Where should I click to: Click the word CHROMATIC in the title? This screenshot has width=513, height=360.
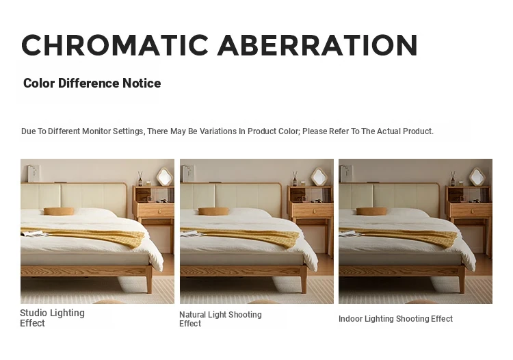tap(115, 45)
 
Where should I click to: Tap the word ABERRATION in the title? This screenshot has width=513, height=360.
tap(317, 45)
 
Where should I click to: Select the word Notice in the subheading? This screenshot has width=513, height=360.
tap(142, 83)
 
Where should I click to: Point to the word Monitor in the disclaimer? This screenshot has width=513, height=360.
tap(96, 131)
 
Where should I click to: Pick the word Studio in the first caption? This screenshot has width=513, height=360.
tap(33, 313)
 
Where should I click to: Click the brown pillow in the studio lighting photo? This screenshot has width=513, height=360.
tap(59, 211)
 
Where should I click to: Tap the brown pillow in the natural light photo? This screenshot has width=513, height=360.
tap(213, 211)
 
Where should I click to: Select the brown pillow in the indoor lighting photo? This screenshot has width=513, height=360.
tap(371, 211)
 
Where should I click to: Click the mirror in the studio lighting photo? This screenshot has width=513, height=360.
tap(165, 177)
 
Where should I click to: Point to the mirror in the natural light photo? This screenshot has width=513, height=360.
tap(319, 177)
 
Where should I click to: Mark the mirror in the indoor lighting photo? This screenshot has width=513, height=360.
tap(477, 177)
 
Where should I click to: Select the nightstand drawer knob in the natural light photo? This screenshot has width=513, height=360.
tap(313, 211)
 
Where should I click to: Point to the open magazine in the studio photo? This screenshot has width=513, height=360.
tap(32, 233)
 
